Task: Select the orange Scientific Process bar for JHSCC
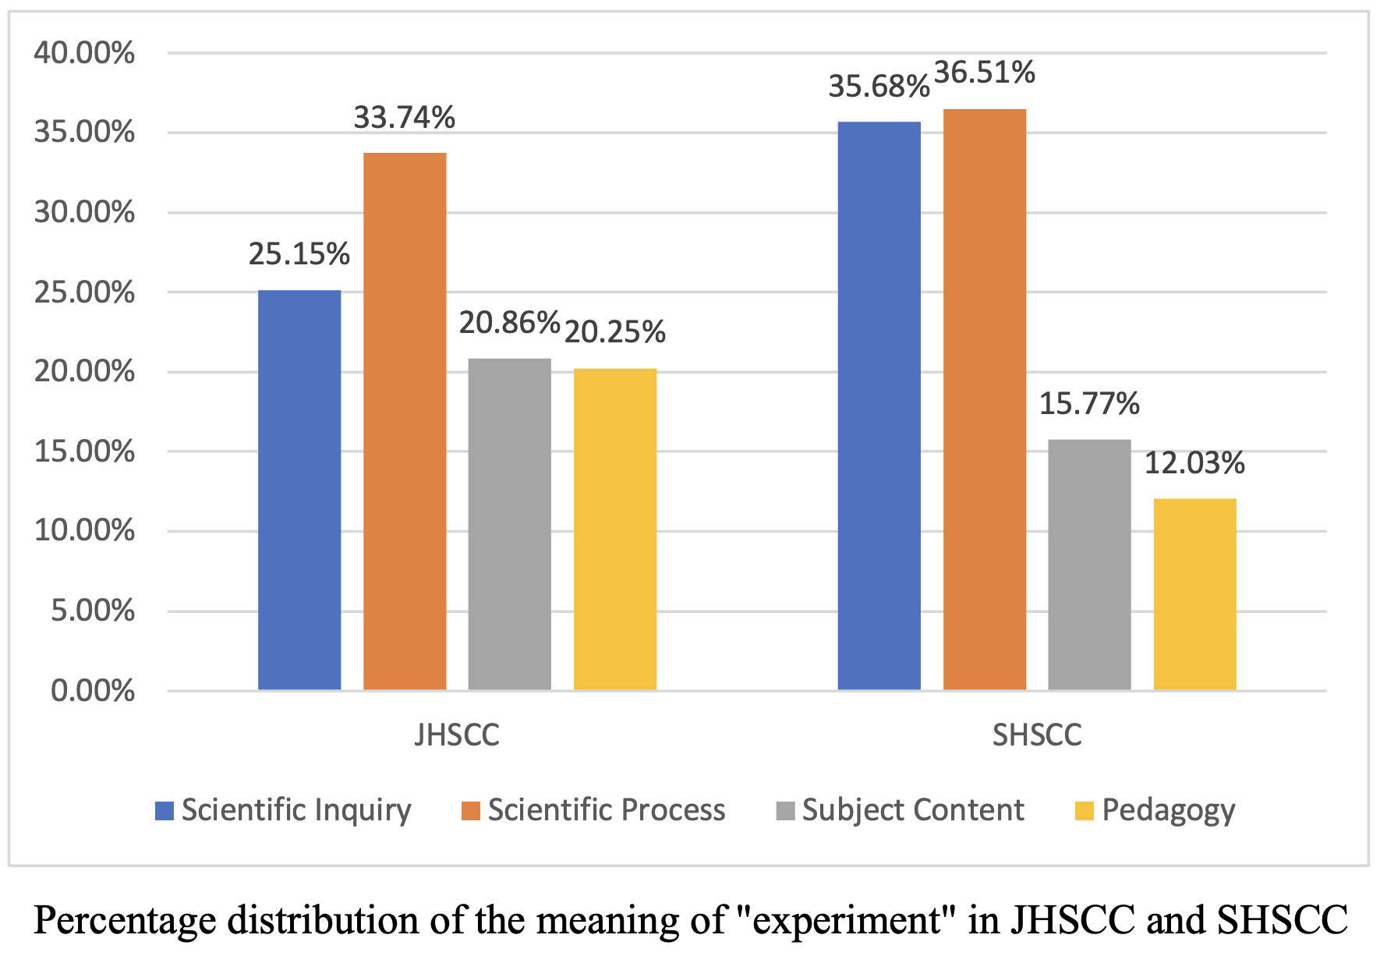[x=405, y=421]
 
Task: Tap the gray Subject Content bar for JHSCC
[x=510, y=524]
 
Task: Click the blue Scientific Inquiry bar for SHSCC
[x=879, y=405]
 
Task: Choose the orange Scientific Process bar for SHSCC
[x=985, y=399]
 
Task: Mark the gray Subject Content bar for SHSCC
[x=1089, y=565]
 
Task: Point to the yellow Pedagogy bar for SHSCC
[x=1194, y=594]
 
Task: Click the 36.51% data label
[x=985, y=73]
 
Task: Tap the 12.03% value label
[x=1194, y=463]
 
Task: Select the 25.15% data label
[x=299, y=254]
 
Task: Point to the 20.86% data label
[x=509, y=323]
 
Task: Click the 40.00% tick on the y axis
[x=84, y=53]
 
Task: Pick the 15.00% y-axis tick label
[x=84, y=451]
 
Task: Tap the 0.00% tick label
[x=92, y=691]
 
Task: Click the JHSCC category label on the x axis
[x=457, y=735]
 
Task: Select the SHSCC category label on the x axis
[x=1037, y=735]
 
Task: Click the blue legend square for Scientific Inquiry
[x=165, y=811]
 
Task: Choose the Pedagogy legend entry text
[x=1168, y=811]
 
